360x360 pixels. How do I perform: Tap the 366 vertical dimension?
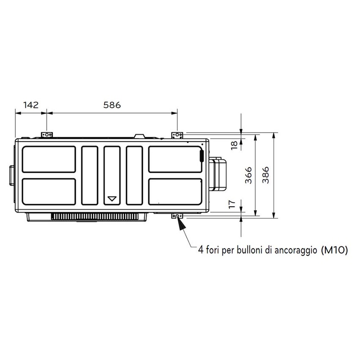(249, 174)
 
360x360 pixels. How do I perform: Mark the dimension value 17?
(233, 204)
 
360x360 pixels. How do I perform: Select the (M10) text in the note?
(335, 251)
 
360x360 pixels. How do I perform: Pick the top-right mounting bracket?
(177, 134)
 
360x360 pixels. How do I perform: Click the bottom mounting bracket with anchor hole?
(177, 216)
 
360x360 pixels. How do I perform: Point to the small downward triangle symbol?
(112, 199)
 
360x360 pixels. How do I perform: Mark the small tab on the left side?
(11, 175)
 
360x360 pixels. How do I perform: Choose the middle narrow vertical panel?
(112, 175)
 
